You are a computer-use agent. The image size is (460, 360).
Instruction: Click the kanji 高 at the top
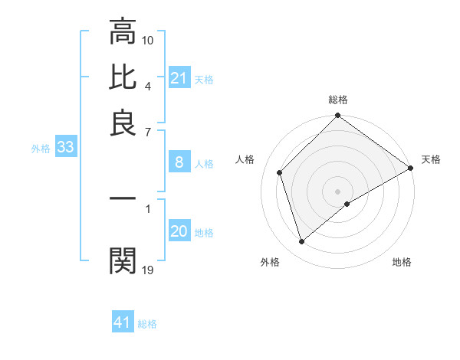point(123,32)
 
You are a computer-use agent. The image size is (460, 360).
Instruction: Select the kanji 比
point(123,77)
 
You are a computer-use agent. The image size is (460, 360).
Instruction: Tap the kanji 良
point(123,123)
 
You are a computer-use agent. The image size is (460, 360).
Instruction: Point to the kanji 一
point(123,198)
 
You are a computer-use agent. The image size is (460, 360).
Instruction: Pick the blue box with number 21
point(179,78)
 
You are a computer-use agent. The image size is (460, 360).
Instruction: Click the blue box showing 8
point(179,162)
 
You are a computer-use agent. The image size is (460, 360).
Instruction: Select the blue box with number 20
point(179,231)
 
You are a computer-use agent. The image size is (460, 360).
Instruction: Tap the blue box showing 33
point(65,148)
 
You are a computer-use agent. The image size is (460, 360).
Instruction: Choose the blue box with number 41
point(123,322)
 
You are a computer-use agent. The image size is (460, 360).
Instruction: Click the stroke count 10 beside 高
point(148,40)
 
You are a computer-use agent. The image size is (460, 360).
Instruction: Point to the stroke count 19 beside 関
point(148,269)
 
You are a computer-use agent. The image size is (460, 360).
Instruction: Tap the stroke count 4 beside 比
point(148,85)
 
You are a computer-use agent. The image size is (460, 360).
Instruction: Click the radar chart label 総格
point(338,100)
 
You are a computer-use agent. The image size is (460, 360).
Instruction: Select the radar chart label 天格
point(431,159)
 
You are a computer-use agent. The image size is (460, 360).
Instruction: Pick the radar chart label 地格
point(402,262)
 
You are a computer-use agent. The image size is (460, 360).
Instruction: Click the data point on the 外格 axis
point(302,242)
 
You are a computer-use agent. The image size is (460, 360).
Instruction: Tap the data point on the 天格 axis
point(411,168)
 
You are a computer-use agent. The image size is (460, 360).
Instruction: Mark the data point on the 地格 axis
point(347,204)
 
